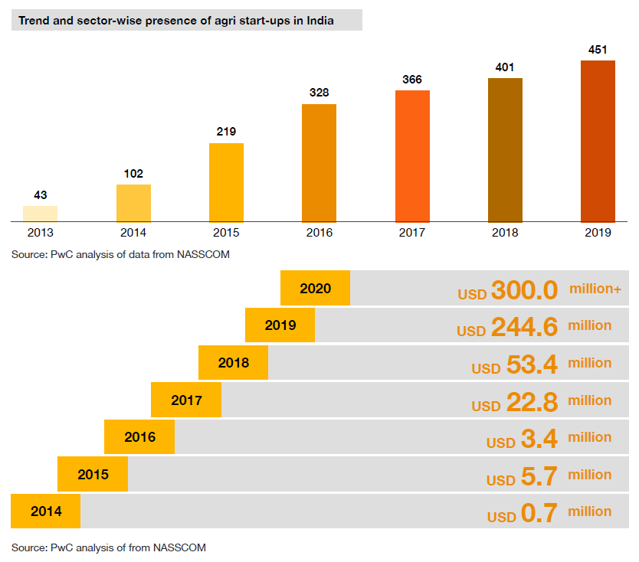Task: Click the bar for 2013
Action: [x=40, y=214]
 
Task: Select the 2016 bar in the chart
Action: [x=319, y=163]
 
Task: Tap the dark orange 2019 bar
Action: [x=598, y=141]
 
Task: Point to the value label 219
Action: [x=226, y=131]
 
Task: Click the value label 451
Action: [x=598, y=50]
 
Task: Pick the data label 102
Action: [x=133, y=174]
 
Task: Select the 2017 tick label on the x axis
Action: [x=412, y=234]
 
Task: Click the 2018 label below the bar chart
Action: [x=505, y=234]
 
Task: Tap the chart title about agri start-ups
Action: [x=176, y=21]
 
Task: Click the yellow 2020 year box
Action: [x=315, y=289]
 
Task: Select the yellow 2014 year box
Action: [x=46, y=511]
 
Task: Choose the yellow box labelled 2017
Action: [x=186, y=400]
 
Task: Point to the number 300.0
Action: [x=524, y=291]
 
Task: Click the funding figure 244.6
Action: [x=524, y=328]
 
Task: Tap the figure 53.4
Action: [x=532, y=365]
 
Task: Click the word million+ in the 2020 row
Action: [x=595, y=289]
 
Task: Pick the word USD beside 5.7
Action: [x=501, y=481]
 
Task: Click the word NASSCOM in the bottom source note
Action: [x=179, y=547]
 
